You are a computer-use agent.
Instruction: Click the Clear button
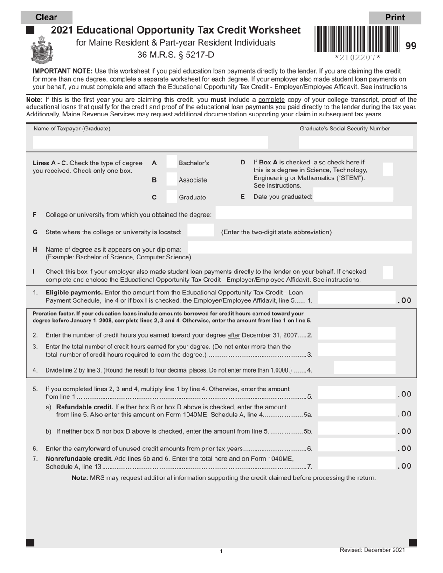click(x=47, y=18)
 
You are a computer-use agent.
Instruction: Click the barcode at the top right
click(x=357, y=39)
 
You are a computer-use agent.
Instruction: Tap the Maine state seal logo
click(x=42, y=49)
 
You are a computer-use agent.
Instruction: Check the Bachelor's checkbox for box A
click(x=172, y=163)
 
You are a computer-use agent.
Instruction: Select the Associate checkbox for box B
click(x=172, y=180)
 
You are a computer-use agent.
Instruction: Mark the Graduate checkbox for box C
click(x=172, y=197)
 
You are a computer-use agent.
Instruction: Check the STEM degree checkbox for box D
click(x=388, y=169)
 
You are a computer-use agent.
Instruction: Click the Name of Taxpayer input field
click(x=150, y=142)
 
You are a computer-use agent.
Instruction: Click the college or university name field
click(x=314, y=214)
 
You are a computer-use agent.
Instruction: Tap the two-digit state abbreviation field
click(x=201, y=232)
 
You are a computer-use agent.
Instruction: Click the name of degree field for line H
click(x=299, y=248)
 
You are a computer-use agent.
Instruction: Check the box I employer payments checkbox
click(x=388, y=272)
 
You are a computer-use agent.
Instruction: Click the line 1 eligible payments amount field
click(x=357, y=297)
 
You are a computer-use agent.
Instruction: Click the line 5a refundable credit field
click(x=357, y=411)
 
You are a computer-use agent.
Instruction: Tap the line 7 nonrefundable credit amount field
click(x=357, y=463)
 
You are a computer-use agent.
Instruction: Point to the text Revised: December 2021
click(x=372, y=550)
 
